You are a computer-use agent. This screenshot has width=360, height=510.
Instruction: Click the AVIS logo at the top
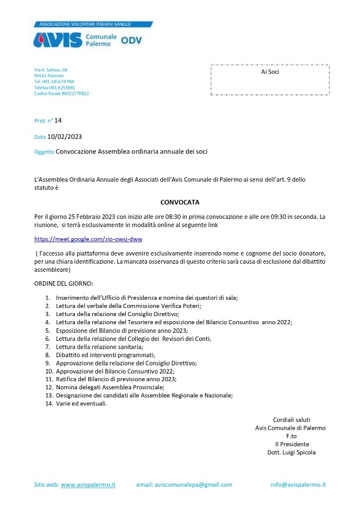pos(58,39)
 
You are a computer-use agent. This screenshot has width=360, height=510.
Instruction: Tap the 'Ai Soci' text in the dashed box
pos(270,71)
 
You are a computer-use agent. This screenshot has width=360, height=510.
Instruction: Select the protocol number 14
pos(57,120)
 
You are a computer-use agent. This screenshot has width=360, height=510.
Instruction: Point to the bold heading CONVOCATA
pos(179,202)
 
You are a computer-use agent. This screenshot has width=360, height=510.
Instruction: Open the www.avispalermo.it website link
pos(88,484)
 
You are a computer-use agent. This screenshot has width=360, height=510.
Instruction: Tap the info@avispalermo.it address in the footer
pos(298,484)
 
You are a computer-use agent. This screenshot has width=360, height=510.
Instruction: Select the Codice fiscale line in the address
pos(62,93)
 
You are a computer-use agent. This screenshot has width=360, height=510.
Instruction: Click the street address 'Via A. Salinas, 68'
pos(51,70)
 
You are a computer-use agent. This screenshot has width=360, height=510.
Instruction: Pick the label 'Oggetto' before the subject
pos(44,152)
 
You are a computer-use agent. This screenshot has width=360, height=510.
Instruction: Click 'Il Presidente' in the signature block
pos(291,444)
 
